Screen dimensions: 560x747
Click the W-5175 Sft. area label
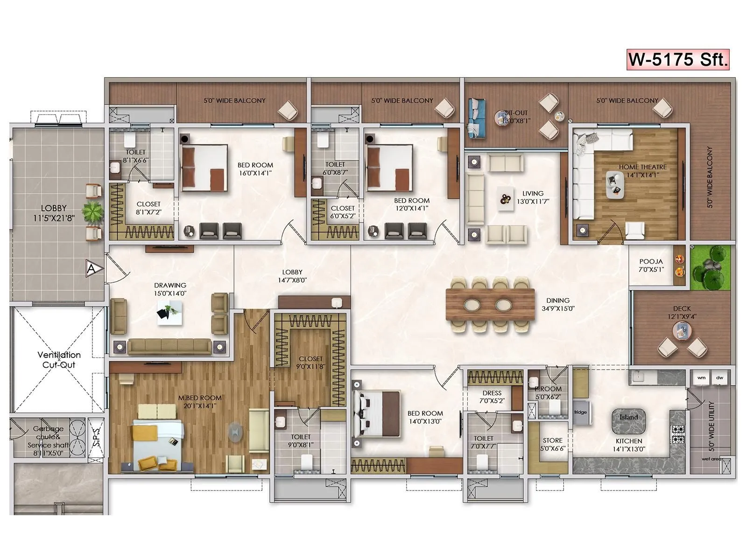(678, 60)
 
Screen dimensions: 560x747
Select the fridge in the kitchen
(580, 412)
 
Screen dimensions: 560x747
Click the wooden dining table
(490, 305)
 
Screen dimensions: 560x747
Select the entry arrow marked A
(92, 269)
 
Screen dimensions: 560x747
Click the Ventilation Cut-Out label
(59, 360)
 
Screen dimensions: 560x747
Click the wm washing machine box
(701, 378)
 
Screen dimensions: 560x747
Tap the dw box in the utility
(719, 378)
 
